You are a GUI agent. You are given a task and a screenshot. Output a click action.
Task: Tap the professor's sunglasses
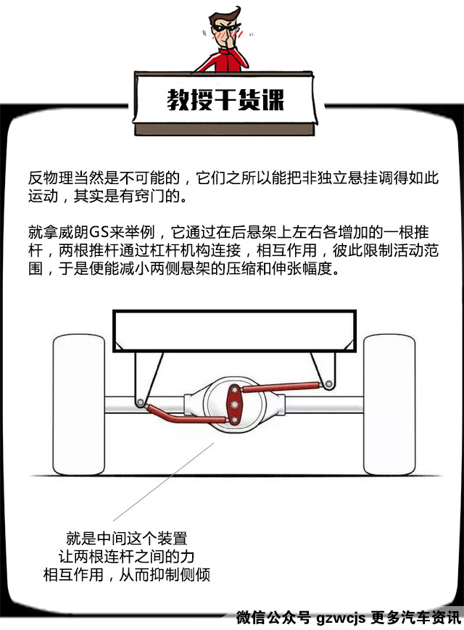[x=225, y=28]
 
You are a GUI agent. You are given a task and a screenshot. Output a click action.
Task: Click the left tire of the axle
[x=79, y=405]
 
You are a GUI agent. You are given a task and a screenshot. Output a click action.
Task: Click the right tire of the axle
[x=389, y=405]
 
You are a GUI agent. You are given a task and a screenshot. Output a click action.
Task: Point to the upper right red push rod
[x=281, y=387]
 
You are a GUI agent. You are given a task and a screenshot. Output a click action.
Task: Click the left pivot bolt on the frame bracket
[x=140, y=402]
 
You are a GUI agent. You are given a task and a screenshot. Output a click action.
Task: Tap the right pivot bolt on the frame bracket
[x=328, y=384]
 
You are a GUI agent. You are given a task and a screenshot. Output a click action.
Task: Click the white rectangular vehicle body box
[x=234, y=331]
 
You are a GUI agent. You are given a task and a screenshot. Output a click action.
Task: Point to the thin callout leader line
[x=164, y=482]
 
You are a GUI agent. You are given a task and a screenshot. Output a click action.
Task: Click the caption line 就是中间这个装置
[x=127, y=539]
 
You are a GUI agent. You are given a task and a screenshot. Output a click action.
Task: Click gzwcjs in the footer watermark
[x=341, y=618]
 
